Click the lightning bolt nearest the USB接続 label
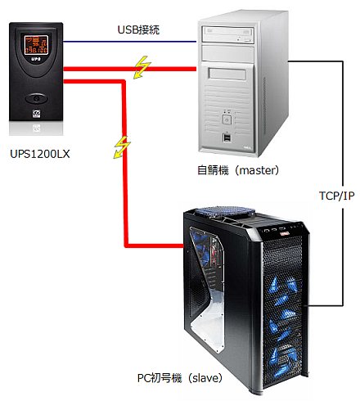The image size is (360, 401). [142, 68]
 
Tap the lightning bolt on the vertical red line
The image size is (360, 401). [123, 146]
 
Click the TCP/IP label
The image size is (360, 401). [335, 196]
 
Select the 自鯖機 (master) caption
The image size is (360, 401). [239, 171]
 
